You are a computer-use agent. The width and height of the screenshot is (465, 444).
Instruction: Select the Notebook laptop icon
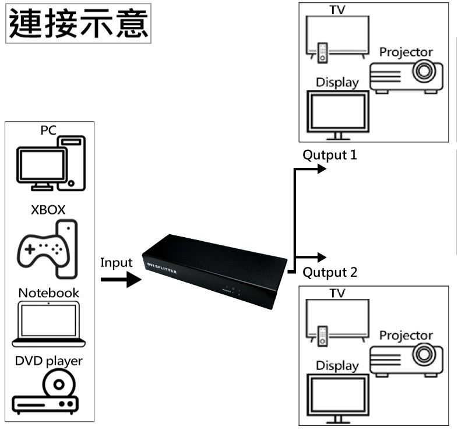[x=48, y=324]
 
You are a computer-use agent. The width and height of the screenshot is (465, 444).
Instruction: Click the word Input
[x=117, y=262]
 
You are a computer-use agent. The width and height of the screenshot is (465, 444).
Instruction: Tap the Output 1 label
[x=329, y=156]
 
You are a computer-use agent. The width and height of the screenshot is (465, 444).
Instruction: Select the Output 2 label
[x=330, y=272]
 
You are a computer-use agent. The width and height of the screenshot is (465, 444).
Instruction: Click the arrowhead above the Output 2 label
[x=320, y=257]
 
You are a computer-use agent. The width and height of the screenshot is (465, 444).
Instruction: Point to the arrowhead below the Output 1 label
[x=320, y=169]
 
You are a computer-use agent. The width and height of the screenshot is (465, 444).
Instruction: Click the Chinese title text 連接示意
[x=79, y=23]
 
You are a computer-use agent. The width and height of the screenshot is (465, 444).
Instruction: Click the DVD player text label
[x=49, y=361]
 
